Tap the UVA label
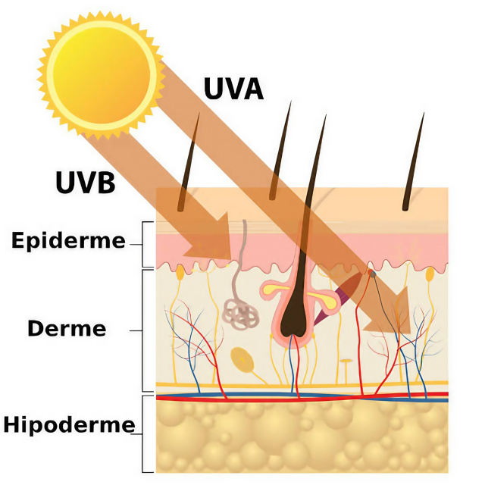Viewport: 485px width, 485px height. (233, 89)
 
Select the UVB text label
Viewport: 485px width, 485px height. (84, 182)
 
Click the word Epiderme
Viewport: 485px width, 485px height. (68, 241)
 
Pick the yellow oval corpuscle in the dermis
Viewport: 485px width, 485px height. (243, 359)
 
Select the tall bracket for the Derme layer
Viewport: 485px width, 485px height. (144, 330)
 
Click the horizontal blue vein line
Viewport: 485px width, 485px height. (303, 397)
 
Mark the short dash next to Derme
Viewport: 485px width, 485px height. (136, 330)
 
